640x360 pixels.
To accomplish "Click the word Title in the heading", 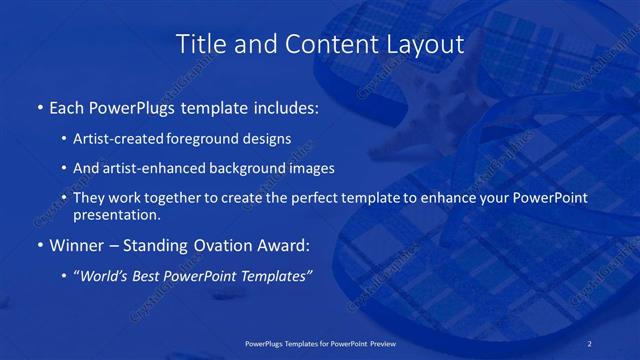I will tap(200, 45).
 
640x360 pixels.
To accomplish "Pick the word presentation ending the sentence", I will tap(115, 215).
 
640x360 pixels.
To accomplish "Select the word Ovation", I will tap(222, 243).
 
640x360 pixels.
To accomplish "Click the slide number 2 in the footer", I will tap(591, 343).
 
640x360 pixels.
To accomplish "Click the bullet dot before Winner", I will tap(39, 244).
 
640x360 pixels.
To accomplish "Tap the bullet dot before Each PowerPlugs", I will tap(39, 105).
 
